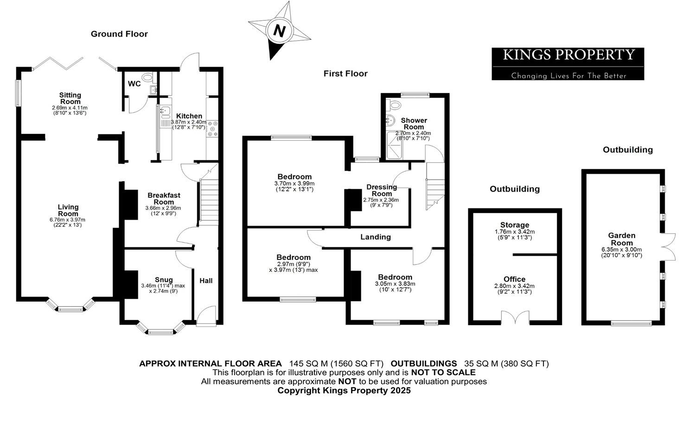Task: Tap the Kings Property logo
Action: [x=568, y=63]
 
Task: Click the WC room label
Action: [x=134, y=84]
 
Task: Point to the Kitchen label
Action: [x=189, y=116]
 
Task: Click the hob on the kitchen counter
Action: [x=212, y=129]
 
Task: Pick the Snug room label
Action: [x=164, y=279]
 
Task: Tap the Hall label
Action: [x=206, y=281]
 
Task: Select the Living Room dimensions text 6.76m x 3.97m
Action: [x=68, y=220]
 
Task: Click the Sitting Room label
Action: [x=70, y=98]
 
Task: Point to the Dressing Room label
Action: [x=382, y=190]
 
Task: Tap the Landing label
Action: [x=376, y=237]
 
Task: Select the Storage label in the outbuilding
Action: [x=514, y=225]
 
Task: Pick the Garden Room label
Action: [x=621, y=239]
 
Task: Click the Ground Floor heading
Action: [x=119, y=34]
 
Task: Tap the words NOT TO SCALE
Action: [x=443, y=372]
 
